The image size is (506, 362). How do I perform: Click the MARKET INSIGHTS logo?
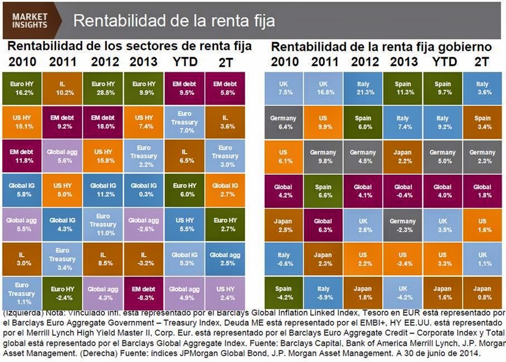click(30, 21)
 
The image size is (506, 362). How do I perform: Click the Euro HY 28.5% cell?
click(104, 89)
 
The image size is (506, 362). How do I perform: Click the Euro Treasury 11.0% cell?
click(104, 224)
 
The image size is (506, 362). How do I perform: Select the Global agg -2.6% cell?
click(144, 224)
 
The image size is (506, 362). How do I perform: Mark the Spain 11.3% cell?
click(403, 89)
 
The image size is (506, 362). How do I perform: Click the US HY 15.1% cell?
click(22, 123)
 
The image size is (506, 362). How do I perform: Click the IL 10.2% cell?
click(62, 89)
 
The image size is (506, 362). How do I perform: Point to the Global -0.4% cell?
click(403, 191)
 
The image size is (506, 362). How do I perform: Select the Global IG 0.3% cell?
click(144, 191)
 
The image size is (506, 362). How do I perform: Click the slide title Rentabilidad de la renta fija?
click(174, 21)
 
